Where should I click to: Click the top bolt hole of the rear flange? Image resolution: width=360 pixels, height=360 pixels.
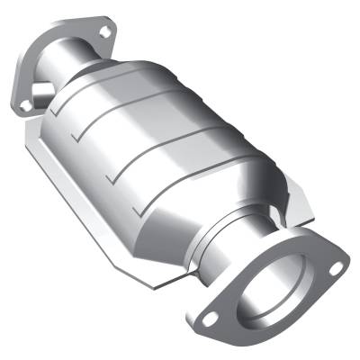[105, 32]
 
